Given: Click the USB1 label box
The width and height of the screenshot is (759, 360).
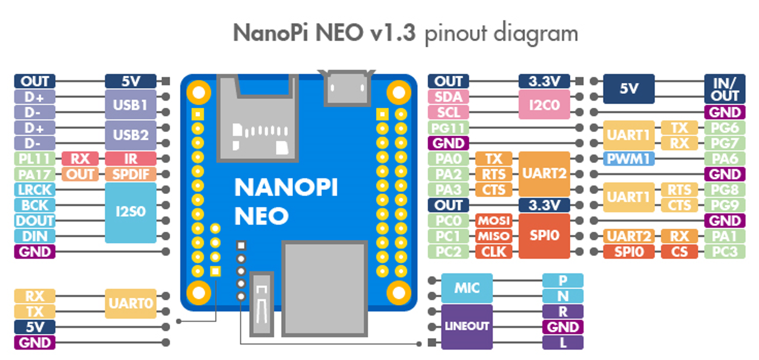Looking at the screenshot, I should click(130, 105).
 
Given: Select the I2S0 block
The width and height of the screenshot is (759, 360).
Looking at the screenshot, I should click(130, 212).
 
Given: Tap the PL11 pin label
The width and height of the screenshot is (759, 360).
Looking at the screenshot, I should click(35, 159).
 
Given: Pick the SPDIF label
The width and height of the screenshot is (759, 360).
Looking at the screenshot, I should click(130, 174).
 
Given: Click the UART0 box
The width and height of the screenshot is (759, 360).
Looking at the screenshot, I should click(130, 303).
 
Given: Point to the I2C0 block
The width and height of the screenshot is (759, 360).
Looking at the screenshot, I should click(544, 105).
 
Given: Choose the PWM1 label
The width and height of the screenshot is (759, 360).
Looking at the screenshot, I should click(629, 159).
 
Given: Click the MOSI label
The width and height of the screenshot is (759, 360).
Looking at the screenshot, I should click(494, 221).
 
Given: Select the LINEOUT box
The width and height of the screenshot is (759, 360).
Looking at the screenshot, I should click(467, 326).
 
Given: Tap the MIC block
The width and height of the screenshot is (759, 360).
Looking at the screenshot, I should click(467, 288).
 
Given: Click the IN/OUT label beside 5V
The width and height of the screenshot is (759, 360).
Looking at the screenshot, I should click(724, 89).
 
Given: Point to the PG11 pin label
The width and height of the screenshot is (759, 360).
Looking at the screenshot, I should click(448, 128).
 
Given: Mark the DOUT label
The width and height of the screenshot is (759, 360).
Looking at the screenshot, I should click(35, 221).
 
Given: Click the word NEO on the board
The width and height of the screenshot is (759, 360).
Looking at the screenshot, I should click(261, 216).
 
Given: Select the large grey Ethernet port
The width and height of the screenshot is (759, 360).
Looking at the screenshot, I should click(325, 288).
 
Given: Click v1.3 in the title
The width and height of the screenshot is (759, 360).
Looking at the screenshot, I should click(393, 33).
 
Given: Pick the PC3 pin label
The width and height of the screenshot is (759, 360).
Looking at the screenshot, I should click(724, 252).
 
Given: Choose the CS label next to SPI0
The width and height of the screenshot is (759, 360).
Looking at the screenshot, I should click(679, 252).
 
